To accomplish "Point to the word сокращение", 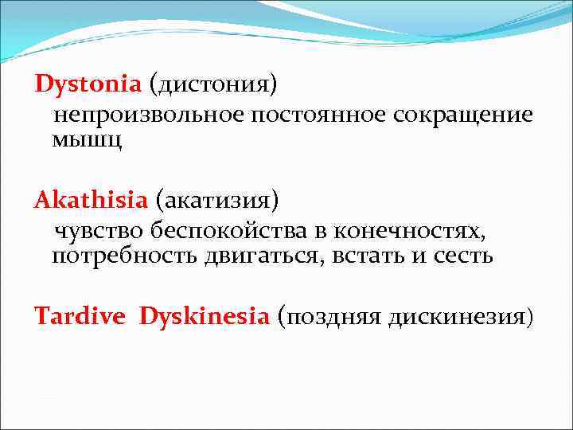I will point(462,115).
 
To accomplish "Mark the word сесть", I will point(465,257).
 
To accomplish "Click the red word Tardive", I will point(80,316).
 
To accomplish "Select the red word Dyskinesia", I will point(205,316).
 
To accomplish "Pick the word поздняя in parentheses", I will point(334,318).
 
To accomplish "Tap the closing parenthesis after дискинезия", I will point(528,318).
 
